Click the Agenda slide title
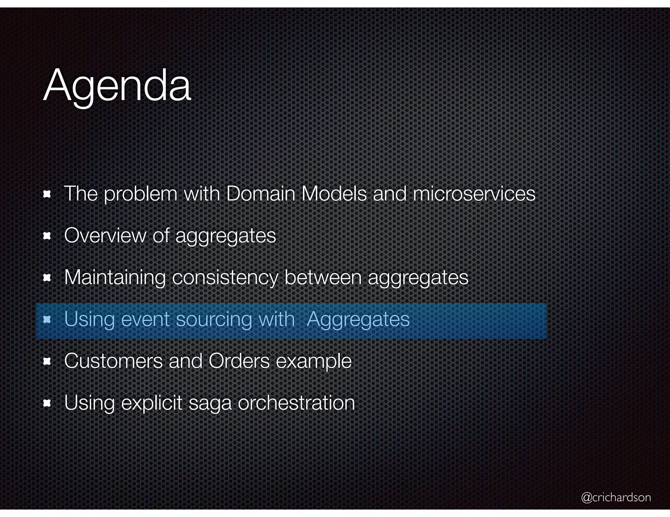pyautogui.click(x=117, y=86)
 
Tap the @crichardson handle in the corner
pyautogui.click(x=616, y=497)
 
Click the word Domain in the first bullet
pyautogui.click(x=260, y=193)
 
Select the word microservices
pyautogui.click(x=474, y=193)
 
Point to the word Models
pyautogui.click(x=334, y=193)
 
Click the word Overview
pyautogui.click(x=105, y=235)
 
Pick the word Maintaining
pyautogui.click(x=115, y=277)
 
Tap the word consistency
pyautogui.click(x=225, y=277)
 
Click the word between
pyautogui.click(x=323, y=277)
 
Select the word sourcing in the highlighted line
pyautogui.click(x=214, y=319)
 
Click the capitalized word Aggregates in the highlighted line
pyautogui.click(x=358, y=319)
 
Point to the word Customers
pyautogui.click(x=113, y=361)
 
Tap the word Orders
pyautogui.click(x=239, y=361)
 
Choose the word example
pyautogui.click(x=314, y=362)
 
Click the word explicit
pyautogui.click(x=151, y=403)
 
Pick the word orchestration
pyautogui.click(x=296, y=403)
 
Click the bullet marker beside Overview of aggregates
pyautogui.click(x=47, y=236)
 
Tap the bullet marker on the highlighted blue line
pyautogui.click(x=47, y=320)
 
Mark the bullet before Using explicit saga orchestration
pyautogui.click(x=47, y=403)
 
